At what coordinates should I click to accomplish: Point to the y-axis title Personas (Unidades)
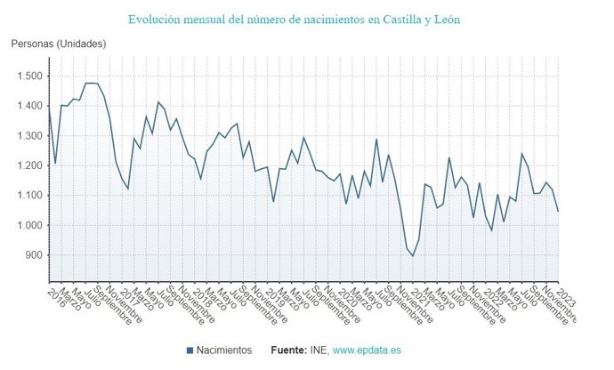[59, 44]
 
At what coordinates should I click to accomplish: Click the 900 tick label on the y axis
[34, 255]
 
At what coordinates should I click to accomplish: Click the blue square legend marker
[190, 350]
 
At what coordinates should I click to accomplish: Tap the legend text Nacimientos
[225, 350]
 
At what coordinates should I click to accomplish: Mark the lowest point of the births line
[412, 256]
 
